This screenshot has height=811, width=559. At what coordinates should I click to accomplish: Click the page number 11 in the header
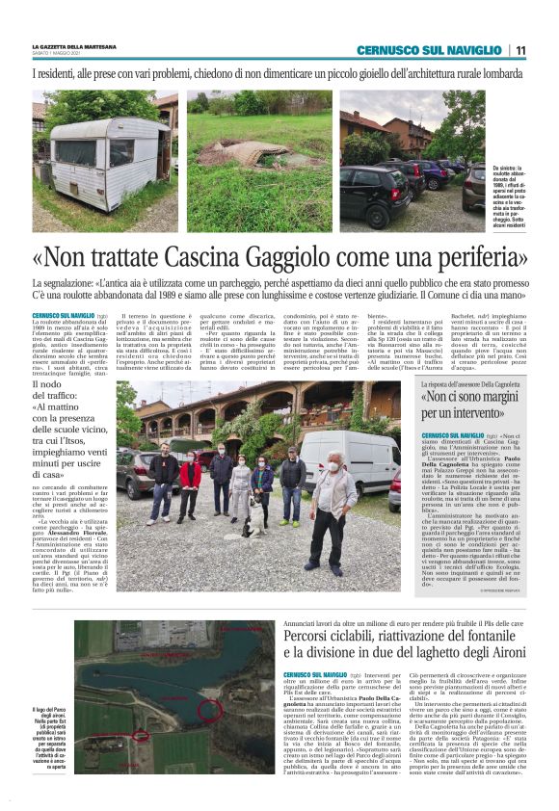(x=519, y=50)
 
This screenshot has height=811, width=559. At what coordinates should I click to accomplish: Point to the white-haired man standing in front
(x=241, y=490)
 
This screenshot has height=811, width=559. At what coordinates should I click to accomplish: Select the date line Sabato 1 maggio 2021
(x=58, y=53)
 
